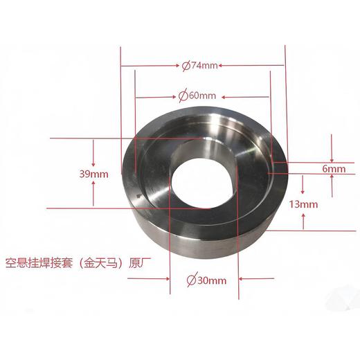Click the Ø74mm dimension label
click(x=200, y=66)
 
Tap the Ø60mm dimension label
click(x=197, y=96)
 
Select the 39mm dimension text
click(x=93, y=174)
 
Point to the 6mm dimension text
click(x=334, y=169)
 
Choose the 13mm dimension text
click(x=303, y=204)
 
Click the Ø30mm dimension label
click(x=206, y=280)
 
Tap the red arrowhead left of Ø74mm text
click(x=177, y=66)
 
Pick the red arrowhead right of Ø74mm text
click(x=220, y=66)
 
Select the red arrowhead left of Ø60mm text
click(x=174, y=97)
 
